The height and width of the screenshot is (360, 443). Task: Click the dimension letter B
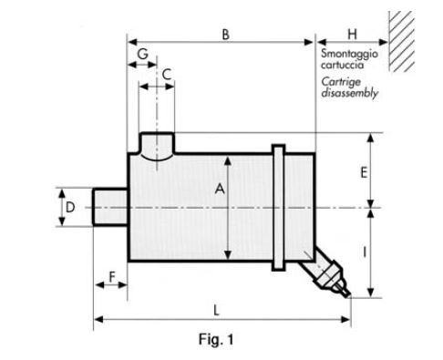pyautogui.click(x=225, y=35)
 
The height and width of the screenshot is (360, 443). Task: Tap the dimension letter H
pyautogui.click(x=352, y=35)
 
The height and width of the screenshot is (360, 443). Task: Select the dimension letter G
pyautogui.click(x=142, y=54)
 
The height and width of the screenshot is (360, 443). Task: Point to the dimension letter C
pyautogui.click(x=167, y=75)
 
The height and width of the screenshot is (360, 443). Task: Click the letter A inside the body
pyautogui.click(x=220, y=189)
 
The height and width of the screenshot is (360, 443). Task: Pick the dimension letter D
pyautogui.click(x=70, y=208)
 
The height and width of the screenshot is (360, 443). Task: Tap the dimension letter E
pyautogui.click(x=364, y=173)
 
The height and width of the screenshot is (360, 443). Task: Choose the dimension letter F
pyautogui.click(x=112, y=277)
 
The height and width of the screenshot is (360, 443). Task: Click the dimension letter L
pyautogui.click(x=216, y=311)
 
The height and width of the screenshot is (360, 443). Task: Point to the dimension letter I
pyautogui.click(x=365, y=252)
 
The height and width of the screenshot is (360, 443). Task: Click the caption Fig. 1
pyautogui.click(x=216, y=339)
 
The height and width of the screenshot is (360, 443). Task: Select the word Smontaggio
pyautogui.click(x=349, y=54)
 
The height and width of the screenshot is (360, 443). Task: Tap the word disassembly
pyautogui.click(x=349, y=93)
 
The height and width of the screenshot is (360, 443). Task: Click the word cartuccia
pyautogui.click(x=342, y=65)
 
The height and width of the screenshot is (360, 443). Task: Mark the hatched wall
pyautogui.click(x=402, y=41)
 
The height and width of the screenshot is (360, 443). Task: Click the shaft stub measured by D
pyautogui.click(x=110, y=207)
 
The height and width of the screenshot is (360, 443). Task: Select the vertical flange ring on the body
pyautogui.click(x=278, y=207)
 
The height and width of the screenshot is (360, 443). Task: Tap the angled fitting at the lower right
pyautogui.click(x=325, y=272)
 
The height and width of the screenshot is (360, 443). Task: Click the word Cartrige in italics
pyautogui.click(x=341, y=82)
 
